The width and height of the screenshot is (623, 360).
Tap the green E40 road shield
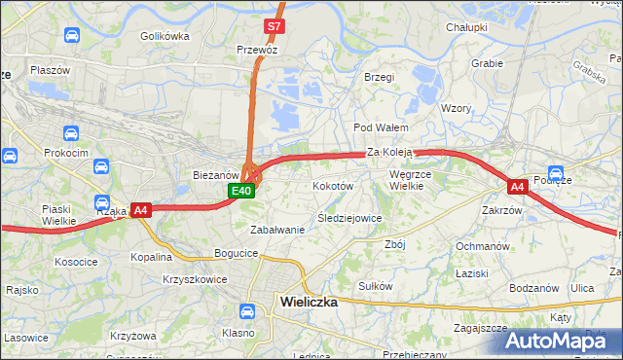(x=243, y=191)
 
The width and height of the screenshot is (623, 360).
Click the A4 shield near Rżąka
(x=140, y=209)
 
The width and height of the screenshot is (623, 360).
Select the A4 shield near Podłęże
(x=518, y=185)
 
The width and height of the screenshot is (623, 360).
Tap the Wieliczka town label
(x=308, y=302)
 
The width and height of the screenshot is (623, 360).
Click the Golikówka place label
(x=164, y=36)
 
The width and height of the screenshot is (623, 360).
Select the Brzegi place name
(x=378, y=77)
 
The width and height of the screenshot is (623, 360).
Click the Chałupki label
(x=466, y=28)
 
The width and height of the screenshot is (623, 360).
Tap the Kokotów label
(x=332, y=185)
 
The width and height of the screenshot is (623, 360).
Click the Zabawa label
(x=277, y=230)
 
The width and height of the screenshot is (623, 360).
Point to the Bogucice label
(x=237, y=253)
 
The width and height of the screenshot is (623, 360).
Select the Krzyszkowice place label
(x=196, y=279)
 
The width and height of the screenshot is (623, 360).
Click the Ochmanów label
(x=483, y=246)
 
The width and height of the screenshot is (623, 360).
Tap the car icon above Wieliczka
(x=247, y=311)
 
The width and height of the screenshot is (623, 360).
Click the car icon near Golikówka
(x=72, y=36)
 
